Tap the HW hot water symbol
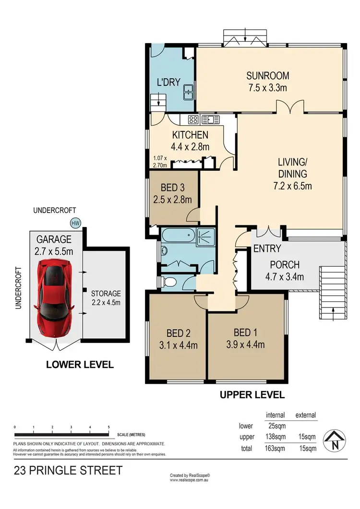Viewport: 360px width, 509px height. coord(75,223)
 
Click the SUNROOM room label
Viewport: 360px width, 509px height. coord(268,76)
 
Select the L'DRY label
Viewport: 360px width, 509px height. coord(168,82)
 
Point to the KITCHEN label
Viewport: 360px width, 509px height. coord(190,135)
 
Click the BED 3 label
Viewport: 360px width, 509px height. coord(172,187)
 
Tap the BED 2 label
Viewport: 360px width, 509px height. coord(179,333)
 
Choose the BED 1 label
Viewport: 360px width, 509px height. coord(245,332)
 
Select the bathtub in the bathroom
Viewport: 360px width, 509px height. coord(179,235)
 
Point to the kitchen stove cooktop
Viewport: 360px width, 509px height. coord(193,120)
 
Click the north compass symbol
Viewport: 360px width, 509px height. coord(335,441)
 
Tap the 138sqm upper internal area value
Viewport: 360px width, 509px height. coord(276,437)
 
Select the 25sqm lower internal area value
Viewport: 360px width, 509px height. coord(277,426)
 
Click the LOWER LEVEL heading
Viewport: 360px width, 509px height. coord(80,365)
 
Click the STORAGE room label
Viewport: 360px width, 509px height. coord(106,294)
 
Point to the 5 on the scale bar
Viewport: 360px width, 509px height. coord(109,427)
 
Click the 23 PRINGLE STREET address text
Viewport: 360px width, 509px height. coord(68,470)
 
